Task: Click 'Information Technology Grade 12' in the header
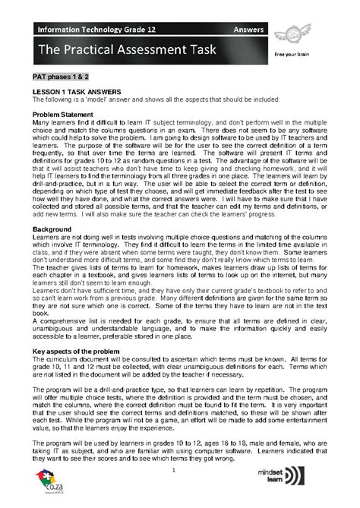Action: click(x=82, y=30)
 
